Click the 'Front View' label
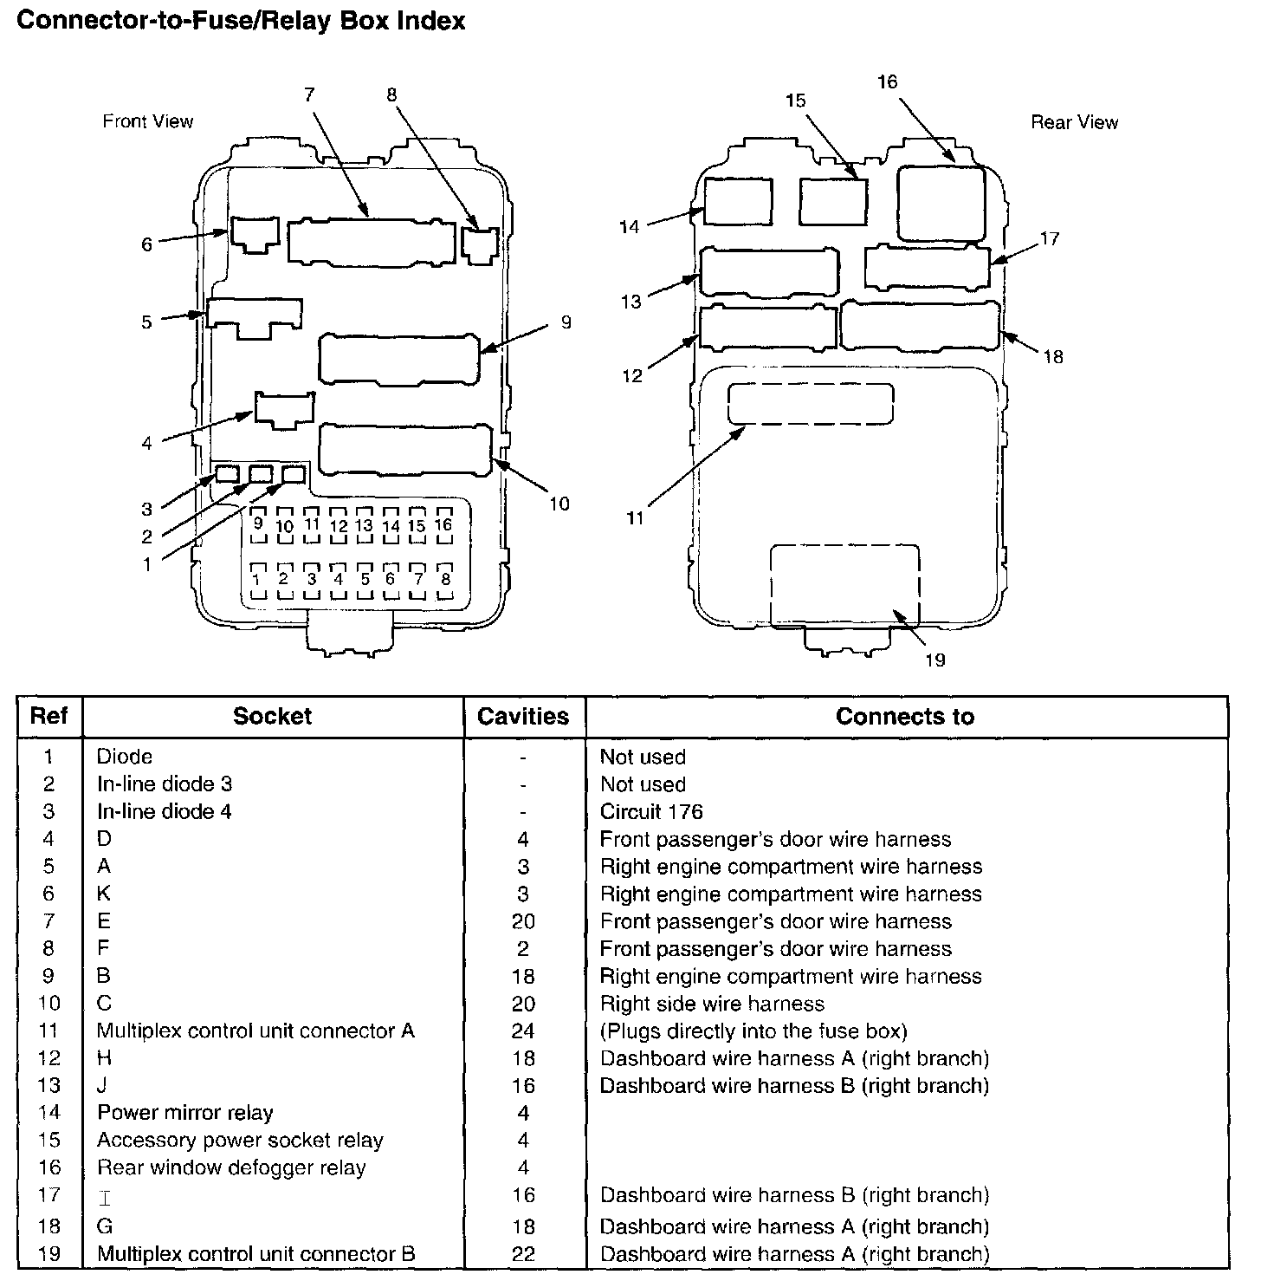148,121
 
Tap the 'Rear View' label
1074,123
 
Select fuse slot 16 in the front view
443,525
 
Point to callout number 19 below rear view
934,660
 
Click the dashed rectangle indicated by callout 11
811,404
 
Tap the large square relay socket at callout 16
941,204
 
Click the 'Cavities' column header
523,717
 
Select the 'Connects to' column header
905,717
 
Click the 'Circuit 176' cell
651,812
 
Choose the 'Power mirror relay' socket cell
185,1113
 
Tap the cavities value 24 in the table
523,1031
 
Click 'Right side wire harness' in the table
712,1004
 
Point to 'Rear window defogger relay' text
231,1168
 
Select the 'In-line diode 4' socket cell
164,812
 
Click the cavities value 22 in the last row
523,1254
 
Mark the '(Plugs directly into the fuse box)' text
753,1031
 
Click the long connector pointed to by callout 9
398,358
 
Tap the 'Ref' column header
49,717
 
